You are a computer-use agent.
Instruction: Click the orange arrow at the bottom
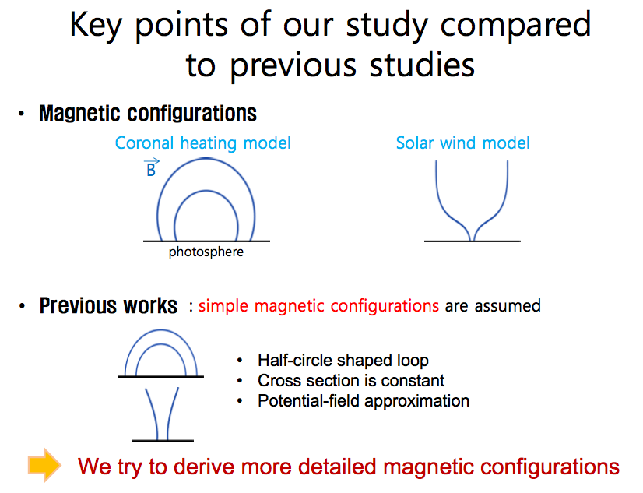tap(44, 465)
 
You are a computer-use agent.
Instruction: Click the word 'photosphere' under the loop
tap(206, 252)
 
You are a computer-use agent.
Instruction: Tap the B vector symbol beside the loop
tap(151, 167)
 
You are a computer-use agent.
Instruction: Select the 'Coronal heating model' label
tap(202, 143)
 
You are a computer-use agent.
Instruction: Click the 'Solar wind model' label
tap(462, 143)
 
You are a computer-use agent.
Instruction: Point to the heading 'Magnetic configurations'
tap(148, 113)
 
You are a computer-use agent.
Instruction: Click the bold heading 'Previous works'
tap(108, 305)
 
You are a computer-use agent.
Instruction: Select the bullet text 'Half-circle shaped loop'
tap(343, 360)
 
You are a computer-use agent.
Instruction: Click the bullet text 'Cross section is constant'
tap(351, 380)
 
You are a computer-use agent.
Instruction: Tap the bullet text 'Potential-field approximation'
tap(364, 401)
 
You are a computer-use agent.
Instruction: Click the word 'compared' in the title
tap(515, 26)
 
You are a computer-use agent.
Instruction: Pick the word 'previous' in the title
tap(293, 66)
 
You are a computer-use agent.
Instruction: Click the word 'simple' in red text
tap(223, 306)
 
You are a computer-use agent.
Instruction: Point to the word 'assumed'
tap(508, 306)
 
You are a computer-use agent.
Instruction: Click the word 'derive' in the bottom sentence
tap(203, 467)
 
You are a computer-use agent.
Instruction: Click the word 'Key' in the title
tap(96, 26)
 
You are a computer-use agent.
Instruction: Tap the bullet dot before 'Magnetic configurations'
tap(22, 114)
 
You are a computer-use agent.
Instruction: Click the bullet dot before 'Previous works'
tap(22, 306)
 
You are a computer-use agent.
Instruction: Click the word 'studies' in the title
tap(422, 65)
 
